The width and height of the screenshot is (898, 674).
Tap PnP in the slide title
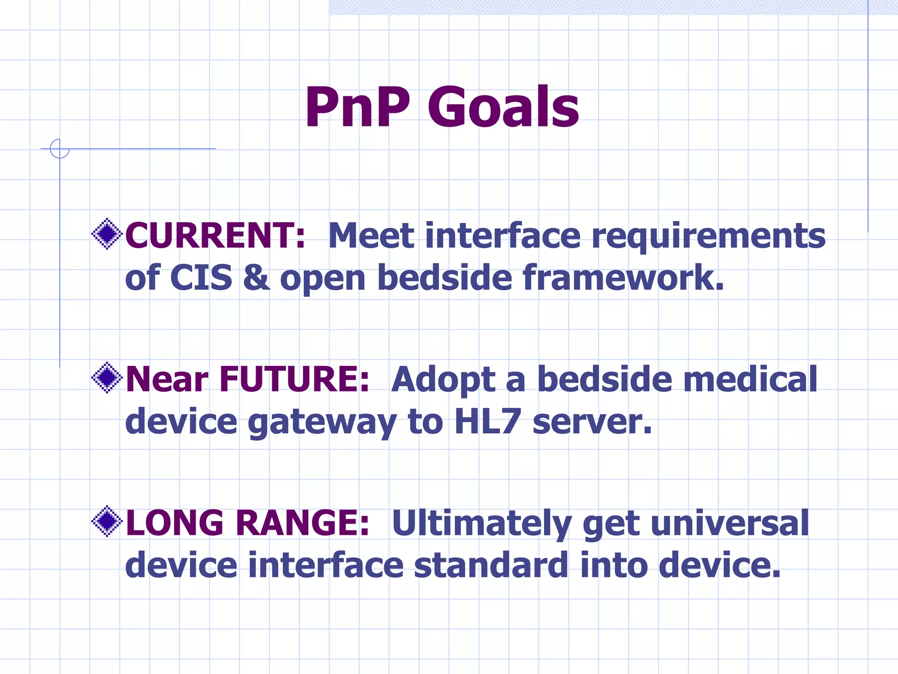[357, 108]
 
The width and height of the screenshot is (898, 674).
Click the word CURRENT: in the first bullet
[215, 236]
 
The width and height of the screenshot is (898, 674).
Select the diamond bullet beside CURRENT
[107, 234]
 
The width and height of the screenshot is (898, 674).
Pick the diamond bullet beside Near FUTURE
[107, 377]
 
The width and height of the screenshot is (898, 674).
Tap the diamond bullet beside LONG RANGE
[107, 521]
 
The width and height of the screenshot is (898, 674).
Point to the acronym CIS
[201, 278]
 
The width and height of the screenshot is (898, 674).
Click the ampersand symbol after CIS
[257, 278]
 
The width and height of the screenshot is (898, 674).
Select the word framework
[623, 278]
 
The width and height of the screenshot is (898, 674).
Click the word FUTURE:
[294, 379]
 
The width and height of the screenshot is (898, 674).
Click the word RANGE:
[303, 523]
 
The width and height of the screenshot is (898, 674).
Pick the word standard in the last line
[491, 565]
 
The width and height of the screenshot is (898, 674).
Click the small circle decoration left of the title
[60, 149]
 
